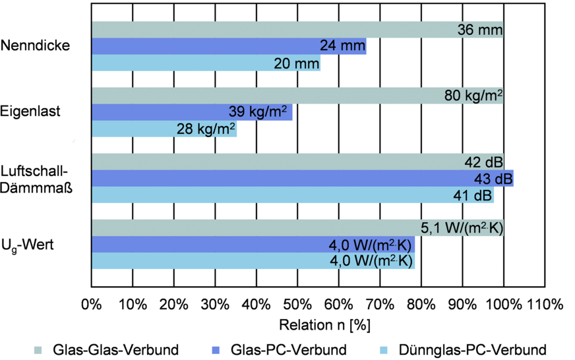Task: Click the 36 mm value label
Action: click(x=479, y=30)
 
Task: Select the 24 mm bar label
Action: click(x=342, y=46)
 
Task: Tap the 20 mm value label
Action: click(x=296, y=63)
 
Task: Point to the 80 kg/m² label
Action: click(x=473, y=96)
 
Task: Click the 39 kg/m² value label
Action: click(x=258, y=112)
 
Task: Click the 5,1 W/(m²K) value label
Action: click(x=462, y=228)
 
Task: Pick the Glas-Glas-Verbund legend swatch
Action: click(x=39, y=349)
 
